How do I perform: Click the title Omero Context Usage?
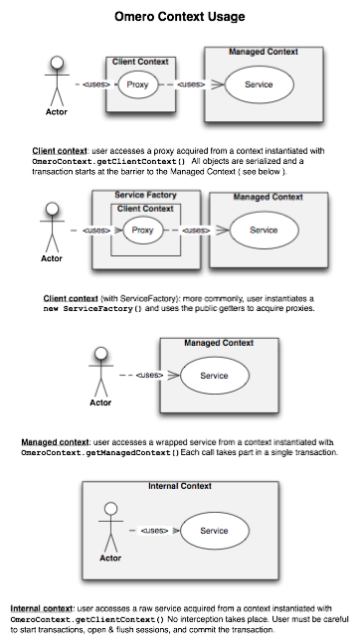(180, 17)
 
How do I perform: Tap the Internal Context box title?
(179, 486)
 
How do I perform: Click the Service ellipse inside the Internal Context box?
(214, 531)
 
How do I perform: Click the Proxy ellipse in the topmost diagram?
(138, 85)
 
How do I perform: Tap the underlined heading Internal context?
(41, 607)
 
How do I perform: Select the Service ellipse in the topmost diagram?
(264, 85)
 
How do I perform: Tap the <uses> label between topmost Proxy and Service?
(193, 85)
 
